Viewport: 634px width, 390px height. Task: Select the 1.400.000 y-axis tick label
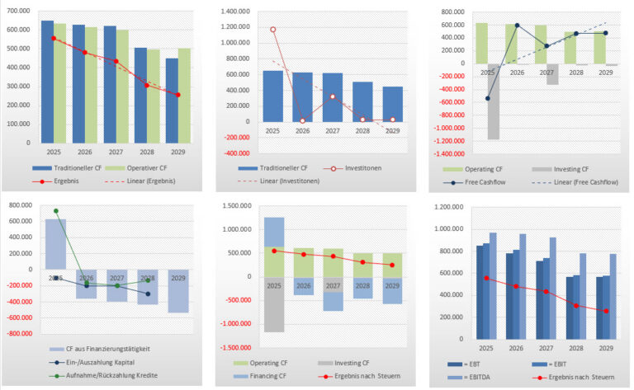pos(238,12)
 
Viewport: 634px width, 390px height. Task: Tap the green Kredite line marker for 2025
pos(56,211)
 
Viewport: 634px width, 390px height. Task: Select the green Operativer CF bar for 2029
pos(184,95)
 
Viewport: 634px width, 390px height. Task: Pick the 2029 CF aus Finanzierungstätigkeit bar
pos(177,290)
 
